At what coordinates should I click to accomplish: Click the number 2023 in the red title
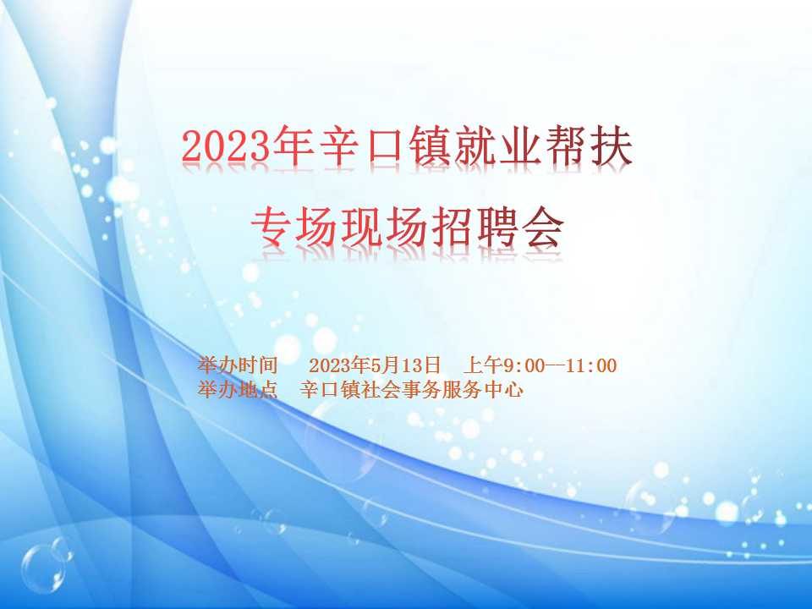pyautogui.click(x=227, y=147)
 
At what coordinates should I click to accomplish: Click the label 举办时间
pyautogui.click(x=238, y=365)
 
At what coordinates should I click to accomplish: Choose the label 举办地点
pyautogui.click(x=238, y=389)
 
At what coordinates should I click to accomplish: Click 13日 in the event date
pyautogui.click(x=420, y=365)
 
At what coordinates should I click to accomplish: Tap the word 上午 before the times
pyautogui.click(x=483, y=365)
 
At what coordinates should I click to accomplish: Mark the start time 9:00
pyautogui.click(x=524, y=365)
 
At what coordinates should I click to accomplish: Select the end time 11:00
pyautogui.click(x=591, y=365)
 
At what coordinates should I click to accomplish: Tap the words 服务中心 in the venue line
pyautogui.click(x=482, y=389)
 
